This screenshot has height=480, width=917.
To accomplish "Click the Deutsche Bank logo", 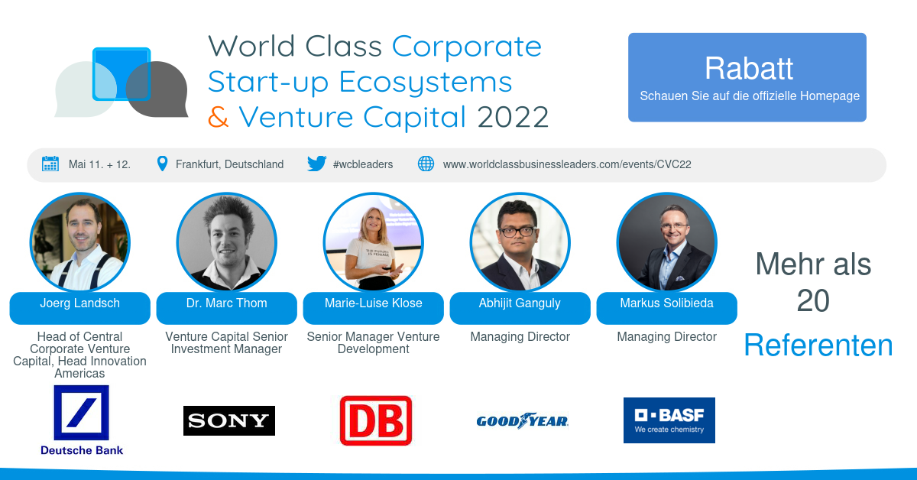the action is (82, 420).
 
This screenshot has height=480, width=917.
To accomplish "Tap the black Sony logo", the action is (229, 420).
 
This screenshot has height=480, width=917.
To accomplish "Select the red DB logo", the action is (376, 420).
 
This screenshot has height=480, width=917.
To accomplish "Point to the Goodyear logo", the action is (523, 420).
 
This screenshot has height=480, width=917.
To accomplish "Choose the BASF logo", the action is (669, 420).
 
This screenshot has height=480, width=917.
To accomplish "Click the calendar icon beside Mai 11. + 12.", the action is (50, 164).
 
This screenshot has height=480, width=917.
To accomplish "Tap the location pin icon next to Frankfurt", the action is (162, 164).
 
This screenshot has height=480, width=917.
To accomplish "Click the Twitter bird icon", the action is (317, 164).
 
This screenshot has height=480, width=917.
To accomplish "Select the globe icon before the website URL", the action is (426, 164).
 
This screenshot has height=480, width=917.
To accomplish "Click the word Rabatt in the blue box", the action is (749, 68).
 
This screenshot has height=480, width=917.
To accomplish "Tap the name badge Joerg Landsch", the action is (79, 308).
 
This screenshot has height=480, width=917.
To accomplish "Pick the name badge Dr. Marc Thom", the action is (226, 308).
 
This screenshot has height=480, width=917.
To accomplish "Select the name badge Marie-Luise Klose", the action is (374, 308).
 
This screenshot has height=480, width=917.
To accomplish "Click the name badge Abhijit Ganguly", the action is (520, 308).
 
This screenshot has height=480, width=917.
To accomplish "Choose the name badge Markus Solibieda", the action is (667, 308).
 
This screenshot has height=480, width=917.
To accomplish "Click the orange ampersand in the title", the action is (219, 117).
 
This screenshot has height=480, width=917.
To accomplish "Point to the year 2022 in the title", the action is (513, 117).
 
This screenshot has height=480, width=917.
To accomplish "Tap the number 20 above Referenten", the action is (813, 301).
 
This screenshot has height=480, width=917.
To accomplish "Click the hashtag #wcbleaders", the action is (363, 164).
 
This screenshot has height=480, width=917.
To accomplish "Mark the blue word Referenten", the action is (818, 345).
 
